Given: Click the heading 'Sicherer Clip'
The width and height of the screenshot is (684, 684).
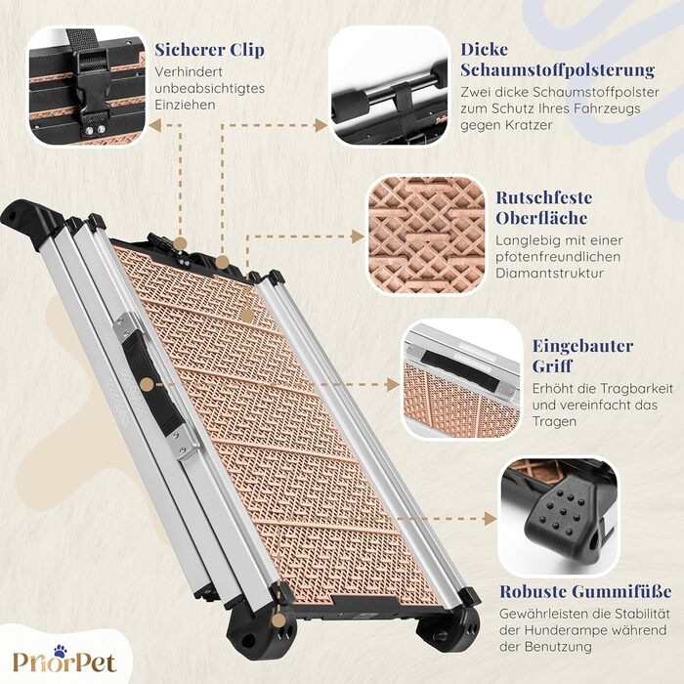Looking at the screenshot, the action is click(x=209, y=50).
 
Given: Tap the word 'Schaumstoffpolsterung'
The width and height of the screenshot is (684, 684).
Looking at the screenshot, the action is click(x=558, y=69).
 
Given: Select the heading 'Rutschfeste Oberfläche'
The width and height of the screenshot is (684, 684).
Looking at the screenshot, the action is click(x=543, y=207).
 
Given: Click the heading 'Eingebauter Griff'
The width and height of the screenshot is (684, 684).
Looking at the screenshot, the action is click(x=582, y=356).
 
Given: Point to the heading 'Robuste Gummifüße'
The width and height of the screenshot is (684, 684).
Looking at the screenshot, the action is click(x=585, y=591).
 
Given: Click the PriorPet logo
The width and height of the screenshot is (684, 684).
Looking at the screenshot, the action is click(x=64, y=659).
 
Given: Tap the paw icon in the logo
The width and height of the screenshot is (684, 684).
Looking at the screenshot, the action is click(x=61, y=652).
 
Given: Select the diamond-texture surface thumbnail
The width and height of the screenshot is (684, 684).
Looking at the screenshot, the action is click(x=426, y=235).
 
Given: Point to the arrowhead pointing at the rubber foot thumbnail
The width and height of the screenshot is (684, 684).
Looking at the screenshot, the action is click(x=491, y=519).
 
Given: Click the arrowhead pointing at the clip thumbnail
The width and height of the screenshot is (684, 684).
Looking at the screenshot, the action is click(x=154, y=126).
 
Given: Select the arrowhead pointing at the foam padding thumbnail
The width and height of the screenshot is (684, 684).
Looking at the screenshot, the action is click(x=321, y=126).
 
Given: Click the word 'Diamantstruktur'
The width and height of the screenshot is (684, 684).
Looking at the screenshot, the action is click(x=549, y=274).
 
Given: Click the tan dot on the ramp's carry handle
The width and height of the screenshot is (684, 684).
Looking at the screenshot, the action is click(x=148, y=385).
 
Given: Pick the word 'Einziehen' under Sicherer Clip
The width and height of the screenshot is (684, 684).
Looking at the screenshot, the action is click(x=185, y=106).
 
